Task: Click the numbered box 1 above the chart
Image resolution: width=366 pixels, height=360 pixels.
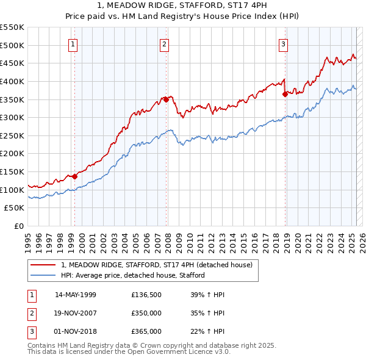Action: coord(73,43)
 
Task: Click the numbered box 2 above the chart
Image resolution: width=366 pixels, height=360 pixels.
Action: coord(165,43)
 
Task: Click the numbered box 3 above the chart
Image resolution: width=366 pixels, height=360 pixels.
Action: coord(284,43)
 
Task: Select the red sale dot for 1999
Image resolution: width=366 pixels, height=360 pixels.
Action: coord(74,176)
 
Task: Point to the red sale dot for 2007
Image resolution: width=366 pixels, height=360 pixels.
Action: coord(166,99)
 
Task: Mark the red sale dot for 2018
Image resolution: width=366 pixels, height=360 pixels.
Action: coord(285,93)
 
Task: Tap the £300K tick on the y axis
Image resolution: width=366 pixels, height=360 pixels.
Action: coord(12,117)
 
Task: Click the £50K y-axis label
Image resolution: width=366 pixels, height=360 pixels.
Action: coord(15,208)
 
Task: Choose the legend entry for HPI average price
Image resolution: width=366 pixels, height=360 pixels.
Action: coord(132,275)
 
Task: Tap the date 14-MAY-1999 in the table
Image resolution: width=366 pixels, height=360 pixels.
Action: coord(76,294)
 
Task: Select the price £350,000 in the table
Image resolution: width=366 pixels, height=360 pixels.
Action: coord(146,313)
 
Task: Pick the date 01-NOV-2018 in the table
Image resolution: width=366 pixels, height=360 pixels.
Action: coord(76,331)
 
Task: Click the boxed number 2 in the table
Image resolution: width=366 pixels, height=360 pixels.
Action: coord(30,313)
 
